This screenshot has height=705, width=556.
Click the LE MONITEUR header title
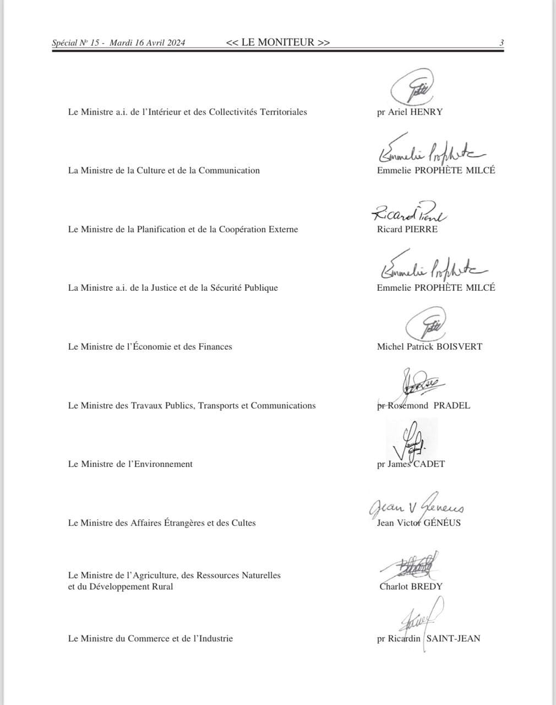[278, 42]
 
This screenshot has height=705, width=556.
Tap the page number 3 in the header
[502, 42]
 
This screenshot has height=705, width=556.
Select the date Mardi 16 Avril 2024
[148, 43]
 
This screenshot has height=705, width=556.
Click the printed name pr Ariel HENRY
[410, 112]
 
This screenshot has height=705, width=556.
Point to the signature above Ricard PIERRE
[409, 211]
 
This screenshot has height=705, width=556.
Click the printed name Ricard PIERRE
[407, 229]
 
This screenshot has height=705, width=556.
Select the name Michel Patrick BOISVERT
[429, 346]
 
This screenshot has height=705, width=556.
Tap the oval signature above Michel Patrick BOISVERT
[426, 325]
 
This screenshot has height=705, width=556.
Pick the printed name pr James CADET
[411, 464]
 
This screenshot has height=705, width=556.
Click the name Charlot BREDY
[411, 586]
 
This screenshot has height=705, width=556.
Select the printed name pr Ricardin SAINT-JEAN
[428, 638]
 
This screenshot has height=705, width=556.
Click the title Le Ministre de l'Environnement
[130, 464]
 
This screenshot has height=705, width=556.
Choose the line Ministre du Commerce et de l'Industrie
[150, 638]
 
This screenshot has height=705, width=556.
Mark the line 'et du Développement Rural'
[121, 587]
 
